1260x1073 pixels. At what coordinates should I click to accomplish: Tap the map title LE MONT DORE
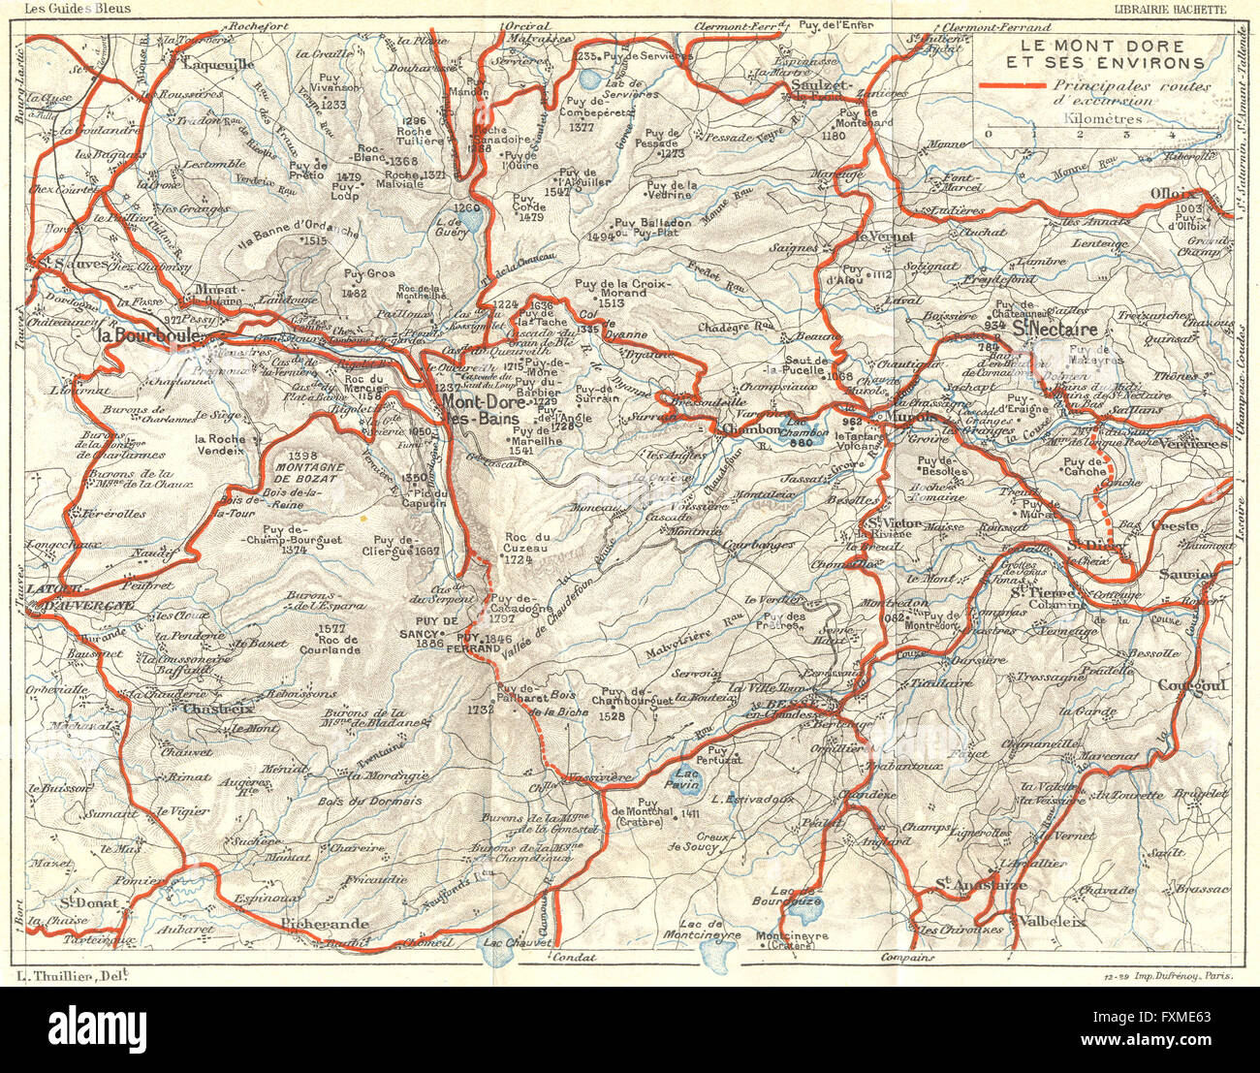pyautogui.click(x=1102, y=47)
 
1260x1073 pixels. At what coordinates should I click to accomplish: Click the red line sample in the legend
pyautogui.click(x=1012, y=86)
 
